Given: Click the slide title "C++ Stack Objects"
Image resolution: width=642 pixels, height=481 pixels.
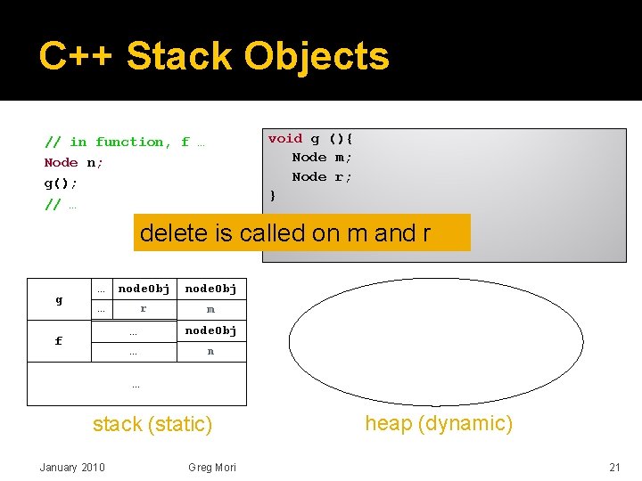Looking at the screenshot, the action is pos(214,57).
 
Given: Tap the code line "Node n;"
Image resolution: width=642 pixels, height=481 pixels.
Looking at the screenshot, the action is pos(74,162).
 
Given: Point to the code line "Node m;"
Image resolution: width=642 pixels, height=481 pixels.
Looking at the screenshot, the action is pos(322,157).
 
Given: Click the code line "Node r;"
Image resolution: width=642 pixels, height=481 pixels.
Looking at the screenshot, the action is pos(322,176).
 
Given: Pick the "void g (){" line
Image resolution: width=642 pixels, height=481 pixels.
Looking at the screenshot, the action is pos(310,138).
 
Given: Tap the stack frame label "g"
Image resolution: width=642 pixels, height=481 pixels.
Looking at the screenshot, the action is pos(59,300).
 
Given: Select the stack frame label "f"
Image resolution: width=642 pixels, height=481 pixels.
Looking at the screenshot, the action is pos(59,340).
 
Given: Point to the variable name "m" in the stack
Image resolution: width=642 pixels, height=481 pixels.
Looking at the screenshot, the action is pos(210,309).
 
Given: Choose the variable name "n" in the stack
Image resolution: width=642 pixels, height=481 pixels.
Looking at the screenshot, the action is pos(210,351).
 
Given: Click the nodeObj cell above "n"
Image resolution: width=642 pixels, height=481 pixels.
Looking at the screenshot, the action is pos(210,330).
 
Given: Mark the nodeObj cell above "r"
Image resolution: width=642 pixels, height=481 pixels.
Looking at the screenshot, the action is pos(144,289).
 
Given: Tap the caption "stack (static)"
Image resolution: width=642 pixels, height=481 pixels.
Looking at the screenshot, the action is pos(152,425).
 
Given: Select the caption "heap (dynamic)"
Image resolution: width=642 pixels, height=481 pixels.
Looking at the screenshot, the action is pos(439,423).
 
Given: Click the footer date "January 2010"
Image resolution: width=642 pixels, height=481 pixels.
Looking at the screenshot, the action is pos(72,468).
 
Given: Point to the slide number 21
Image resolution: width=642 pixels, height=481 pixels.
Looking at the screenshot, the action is pos(614,468).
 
